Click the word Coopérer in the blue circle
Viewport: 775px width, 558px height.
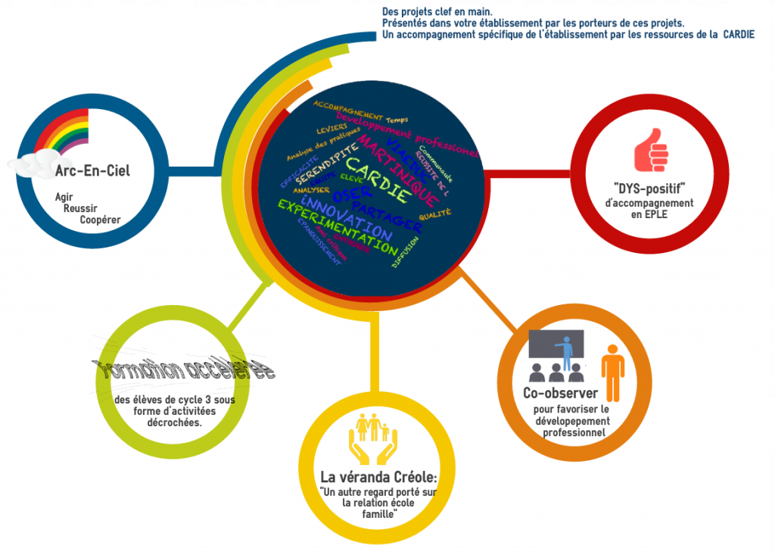pyautogui.click(x=100, y=220)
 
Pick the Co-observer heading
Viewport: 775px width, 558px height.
pyautogui.click(x=560, y=393)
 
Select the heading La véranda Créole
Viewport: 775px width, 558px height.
pyautogui.click(x=378, y=478)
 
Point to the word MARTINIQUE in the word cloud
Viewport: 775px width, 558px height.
pyautogui.click(x=397, y=170)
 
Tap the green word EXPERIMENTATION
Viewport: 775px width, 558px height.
pyautogui.click(x=337, y=226)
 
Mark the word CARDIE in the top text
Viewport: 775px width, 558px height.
pyautogui.click(x=738, y=35)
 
